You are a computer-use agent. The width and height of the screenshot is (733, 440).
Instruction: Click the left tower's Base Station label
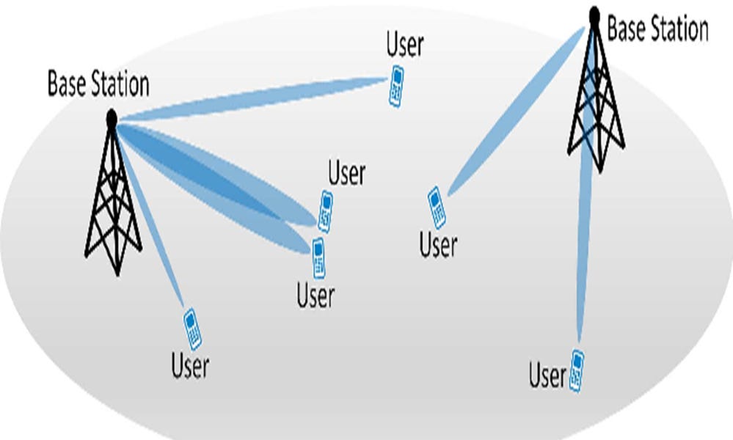point(98,84)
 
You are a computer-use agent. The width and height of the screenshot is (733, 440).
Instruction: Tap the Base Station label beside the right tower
point(657,29)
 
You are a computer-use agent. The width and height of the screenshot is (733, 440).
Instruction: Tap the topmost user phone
point(396,87)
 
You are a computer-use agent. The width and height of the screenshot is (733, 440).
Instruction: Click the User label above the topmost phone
point(404,45)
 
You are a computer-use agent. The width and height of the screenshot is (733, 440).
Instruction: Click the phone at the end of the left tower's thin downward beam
point(192,329)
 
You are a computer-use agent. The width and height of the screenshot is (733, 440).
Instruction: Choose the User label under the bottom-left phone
point(190,364)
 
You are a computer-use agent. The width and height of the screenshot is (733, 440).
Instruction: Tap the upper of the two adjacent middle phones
point(325,211)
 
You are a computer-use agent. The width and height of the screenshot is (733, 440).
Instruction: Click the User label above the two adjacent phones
point(346,175)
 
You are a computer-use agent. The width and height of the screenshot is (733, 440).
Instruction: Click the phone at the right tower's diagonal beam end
point(437,208)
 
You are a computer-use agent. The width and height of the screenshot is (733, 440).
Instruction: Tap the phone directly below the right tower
point(577,370)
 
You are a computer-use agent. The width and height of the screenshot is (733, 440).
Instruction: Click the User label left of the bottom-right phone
point(547,376)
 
